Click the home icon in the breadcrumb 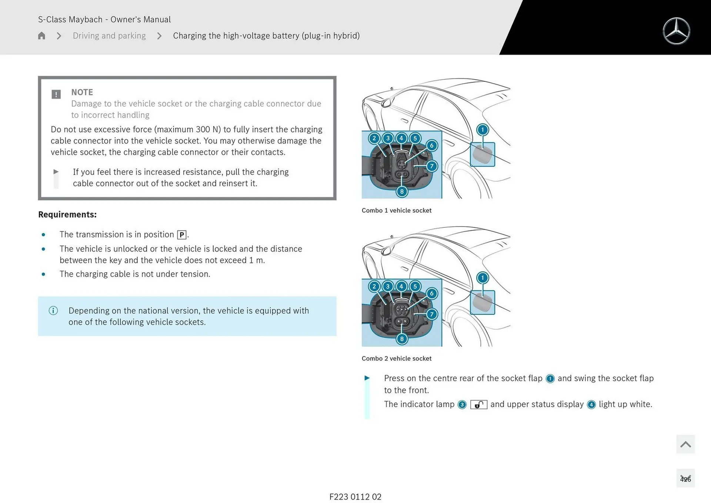(x=41, y=36)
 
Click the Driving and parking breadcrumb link (x=109, y=36)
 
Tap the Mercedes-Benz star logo (x=676, y=31)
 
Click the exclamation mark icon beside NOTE (x=56, y=94)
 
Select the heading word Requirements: (x=67, y=214)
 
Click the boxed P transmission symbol (x=182, y=235)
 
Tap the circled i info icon (x=53, y=310)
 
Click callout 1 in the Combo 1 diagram (x=482, y=130)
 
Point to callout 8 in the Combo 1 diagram (x=402, y=191)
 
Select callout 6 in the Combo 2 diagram (x=431, y=293)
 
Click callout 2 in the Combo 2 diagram (x=374, y=286)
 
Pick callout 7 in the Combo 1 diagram (x=431, y=166)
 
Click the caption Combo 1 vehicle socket (x=396, y=210)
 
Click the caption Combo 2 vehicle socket (x=396, y=359)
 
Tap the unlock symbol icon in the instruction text (x=478, y=404)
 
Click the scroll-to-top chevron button (x=685, y=444)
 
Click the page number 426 (x=685, y=479)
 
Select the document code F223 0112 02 (x=355, y=497)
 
